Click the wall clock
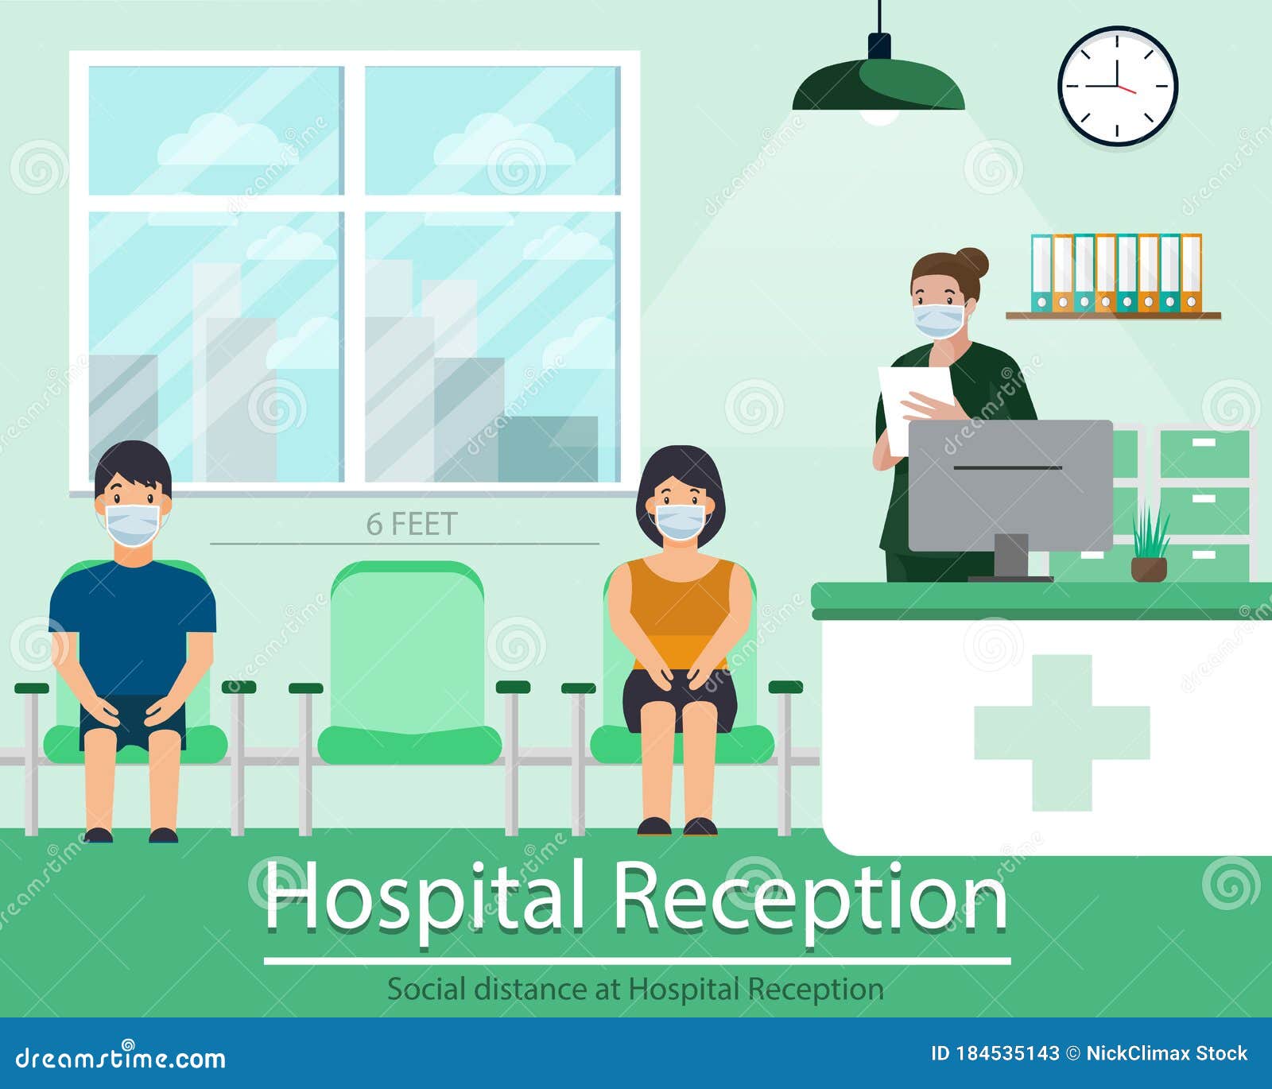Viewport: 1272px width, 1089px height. pos(1117,86)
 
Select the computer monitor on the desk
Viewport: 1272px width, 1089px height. pos(1010,485)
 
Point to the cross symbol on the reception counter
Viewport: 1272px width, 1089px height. pos(1062,732)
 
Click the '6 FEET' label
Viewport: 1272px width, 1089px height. pos(412,525)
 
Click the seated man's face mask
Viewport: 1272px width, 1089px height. pos(133,524)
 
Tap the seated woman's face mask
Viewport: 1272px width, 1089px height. pos(680,521)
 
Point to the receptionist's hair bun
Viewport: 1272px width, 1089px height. pos(973,262)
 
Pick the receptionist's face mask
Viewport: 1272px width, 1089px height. pos(939,320)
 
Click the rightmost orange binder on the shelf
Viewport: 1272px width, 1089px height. pos(1190,273)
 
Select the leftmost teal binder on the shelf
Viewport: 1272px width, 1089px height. pos(1041,273)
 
